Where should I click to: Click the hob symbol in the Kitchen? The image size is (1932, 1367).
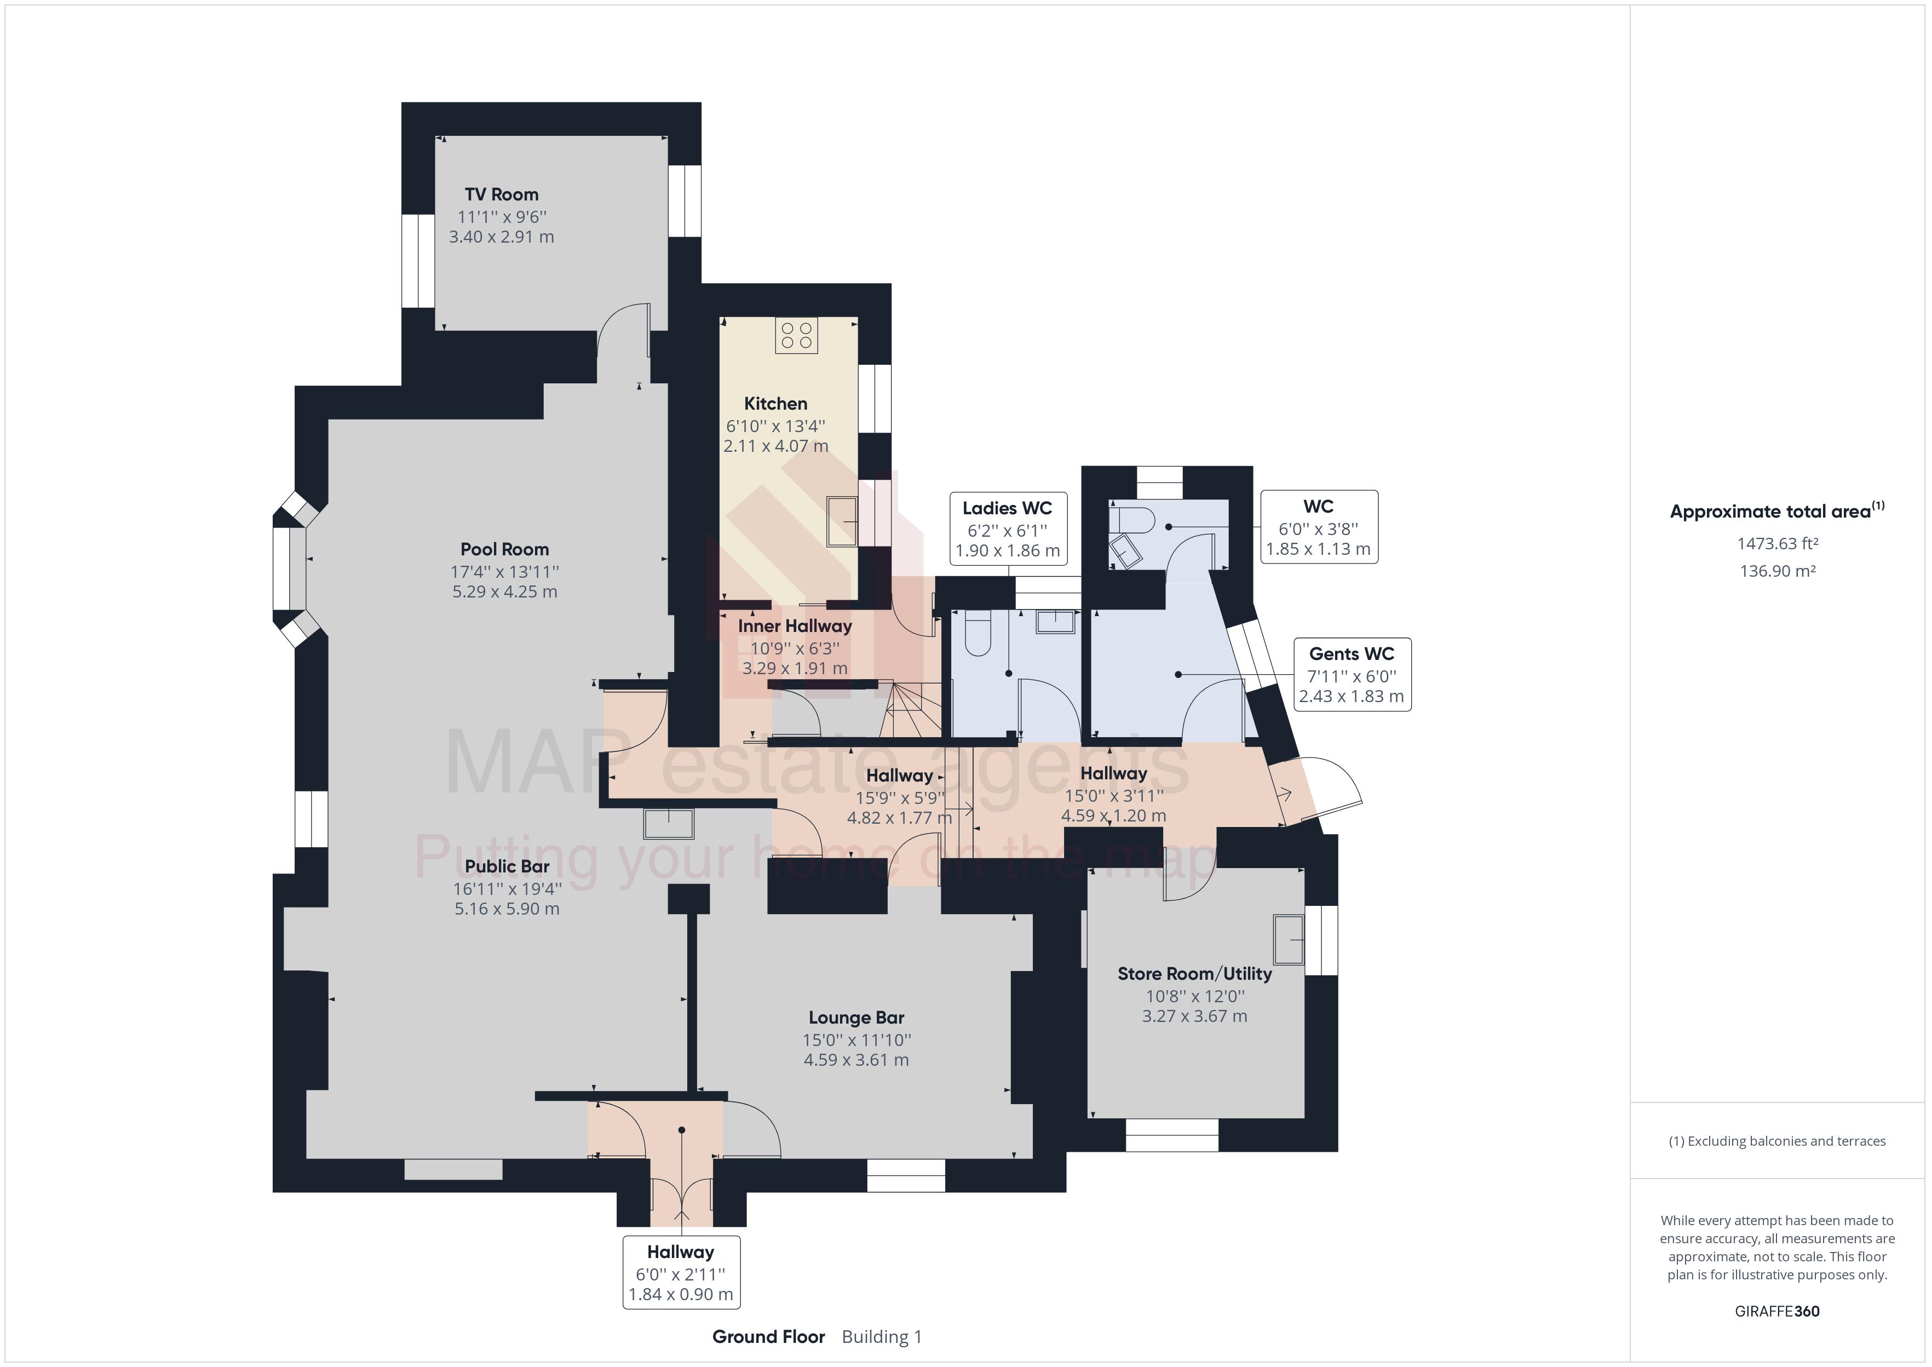click(796, 335)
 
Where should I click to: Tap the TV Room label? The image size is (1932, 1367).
click(502, 194)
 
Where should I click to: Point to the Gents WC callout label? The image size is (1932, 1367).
click(1352, 654)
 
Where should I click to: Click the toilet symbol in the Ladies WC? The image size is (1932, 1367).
click(979, 633)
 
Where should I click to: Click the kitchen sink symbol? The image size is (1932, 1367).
click(842, 522)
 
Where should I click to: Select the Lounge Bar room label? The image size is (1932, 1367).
click(856, 1018)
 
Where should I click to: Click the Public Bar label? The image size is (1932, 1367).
click(507, 866)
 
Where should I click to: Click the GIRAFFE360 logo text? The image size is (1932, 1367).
click(1776, 1311)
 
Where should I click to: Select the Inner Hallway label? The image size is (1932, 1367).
click(795, 626)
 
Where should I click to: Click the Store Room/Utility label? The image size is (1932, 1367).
click(1194, 974)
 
